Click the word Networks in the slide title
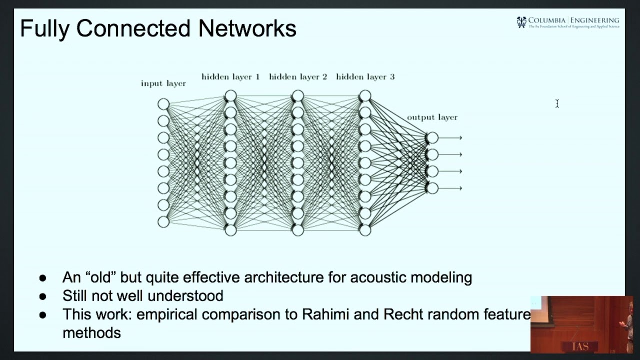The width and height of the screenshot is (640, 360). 247,28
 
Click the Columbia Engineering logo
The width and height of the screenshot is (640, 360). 568,22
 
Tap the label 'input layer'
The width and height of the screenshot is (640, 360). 163,83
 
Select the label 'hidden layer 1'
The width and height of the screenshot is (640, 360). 230,77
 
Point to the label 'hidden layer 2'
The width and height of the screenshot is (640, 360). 298,77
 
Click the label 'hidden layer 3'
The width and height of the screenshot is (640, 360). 365,77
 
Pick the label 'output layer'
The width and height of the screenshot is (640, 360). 432,117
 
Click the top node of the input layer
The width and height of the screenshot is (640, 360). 163,104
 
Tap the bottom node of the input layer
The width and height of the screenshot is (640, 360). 163,222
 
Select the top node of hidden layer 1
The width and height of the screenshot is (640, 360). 230,95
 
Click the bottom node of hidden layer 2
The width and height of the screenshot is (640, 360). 298,230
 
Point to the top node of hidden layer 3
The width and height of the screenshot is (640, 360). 365,95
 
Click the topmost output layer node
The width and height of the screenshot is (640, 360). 432,138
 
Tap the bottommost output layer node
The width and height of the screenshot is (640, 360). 432,188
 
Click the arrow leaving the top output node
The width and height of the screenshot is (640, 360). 451,138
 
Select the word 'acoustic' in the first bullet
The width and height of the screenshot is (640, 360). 378,277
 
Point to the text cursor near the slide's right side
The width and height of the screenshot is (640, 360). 557,103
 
